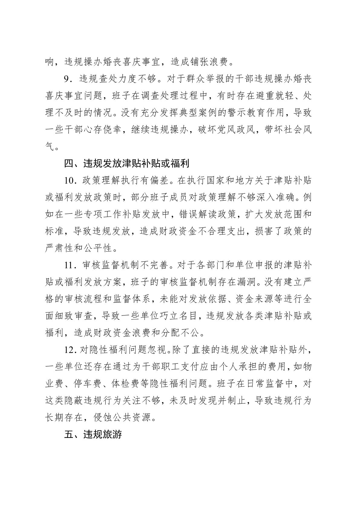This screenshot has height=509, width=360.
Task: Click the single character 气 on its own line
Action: point(50,147)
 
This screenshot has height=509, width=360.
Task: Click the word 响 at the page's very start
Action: point(50,62)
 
